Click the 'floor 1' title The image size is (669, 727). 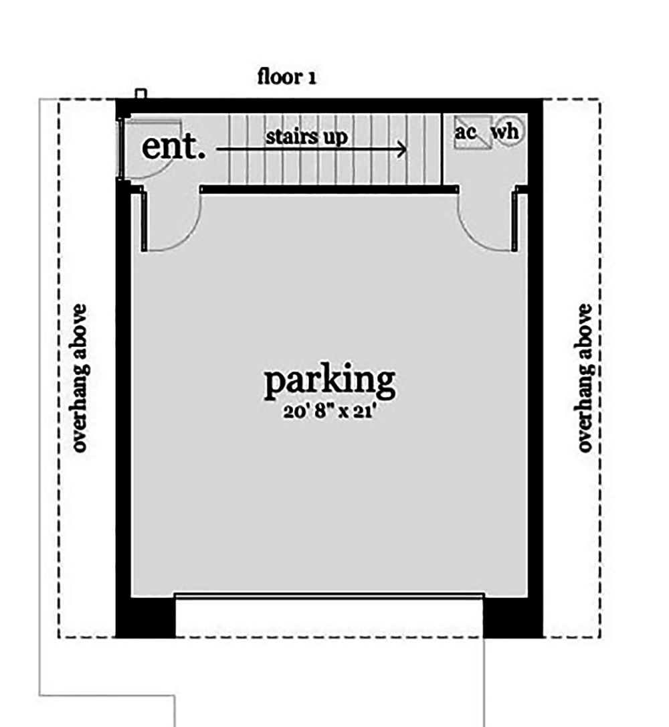pyautogui.click(x=287, y=76)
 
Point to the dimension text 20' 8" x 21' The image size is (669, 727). pyautogui.click(x=329, y=411)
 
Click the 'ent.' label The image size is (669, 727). pyautogui.click(x=173, y=147)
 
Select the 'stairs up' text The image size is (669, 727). pyautogui.click(x=306, y=137)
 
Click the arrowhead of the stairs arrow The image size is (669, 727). pyautogui.click(x=401, y=149)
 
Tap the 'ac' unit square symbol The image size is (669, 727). pyautogui.click(x=472, y=132)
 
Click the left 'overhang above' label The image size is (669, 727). pyautogui.click(x=80, y=378)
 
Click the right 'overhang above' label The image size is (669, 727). pyautogui.click(x=585, y=378)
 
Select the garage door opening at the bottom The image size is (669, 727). pyautogui.click(x=329, y=596)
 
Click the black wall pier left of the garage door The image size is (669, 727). pyautogui.click(x=145, y=617)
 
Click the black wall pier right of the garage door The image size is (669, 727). pyautogui.click(x=513, y=617)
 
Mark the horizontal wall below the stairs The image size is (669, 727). pyautogui.click(x=329, y=189)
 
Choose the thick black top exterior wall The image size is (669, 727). pyautogui.click(x=329, y=106)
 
